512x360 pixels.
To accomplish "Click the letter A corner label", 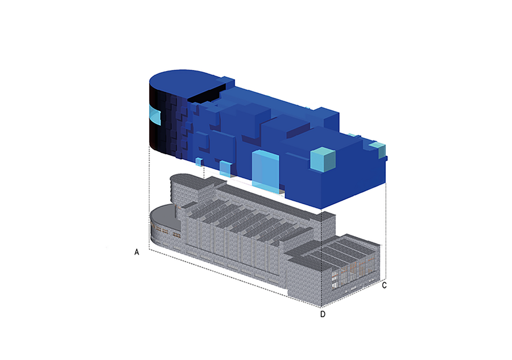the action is [x=137, y=253].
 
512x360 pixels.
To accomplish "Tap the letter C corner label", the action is [x=385, y=285].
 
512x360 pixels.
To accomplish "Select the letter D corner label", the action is [x=323, y=314].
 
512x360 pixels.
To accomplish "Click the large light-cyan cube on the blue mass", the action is [x=323, y=159].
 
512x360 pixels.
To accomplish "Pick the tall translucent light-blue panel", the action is [x=266, y=171].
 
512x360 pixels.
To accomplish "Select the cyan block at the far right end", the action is [x=378, y=149].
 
